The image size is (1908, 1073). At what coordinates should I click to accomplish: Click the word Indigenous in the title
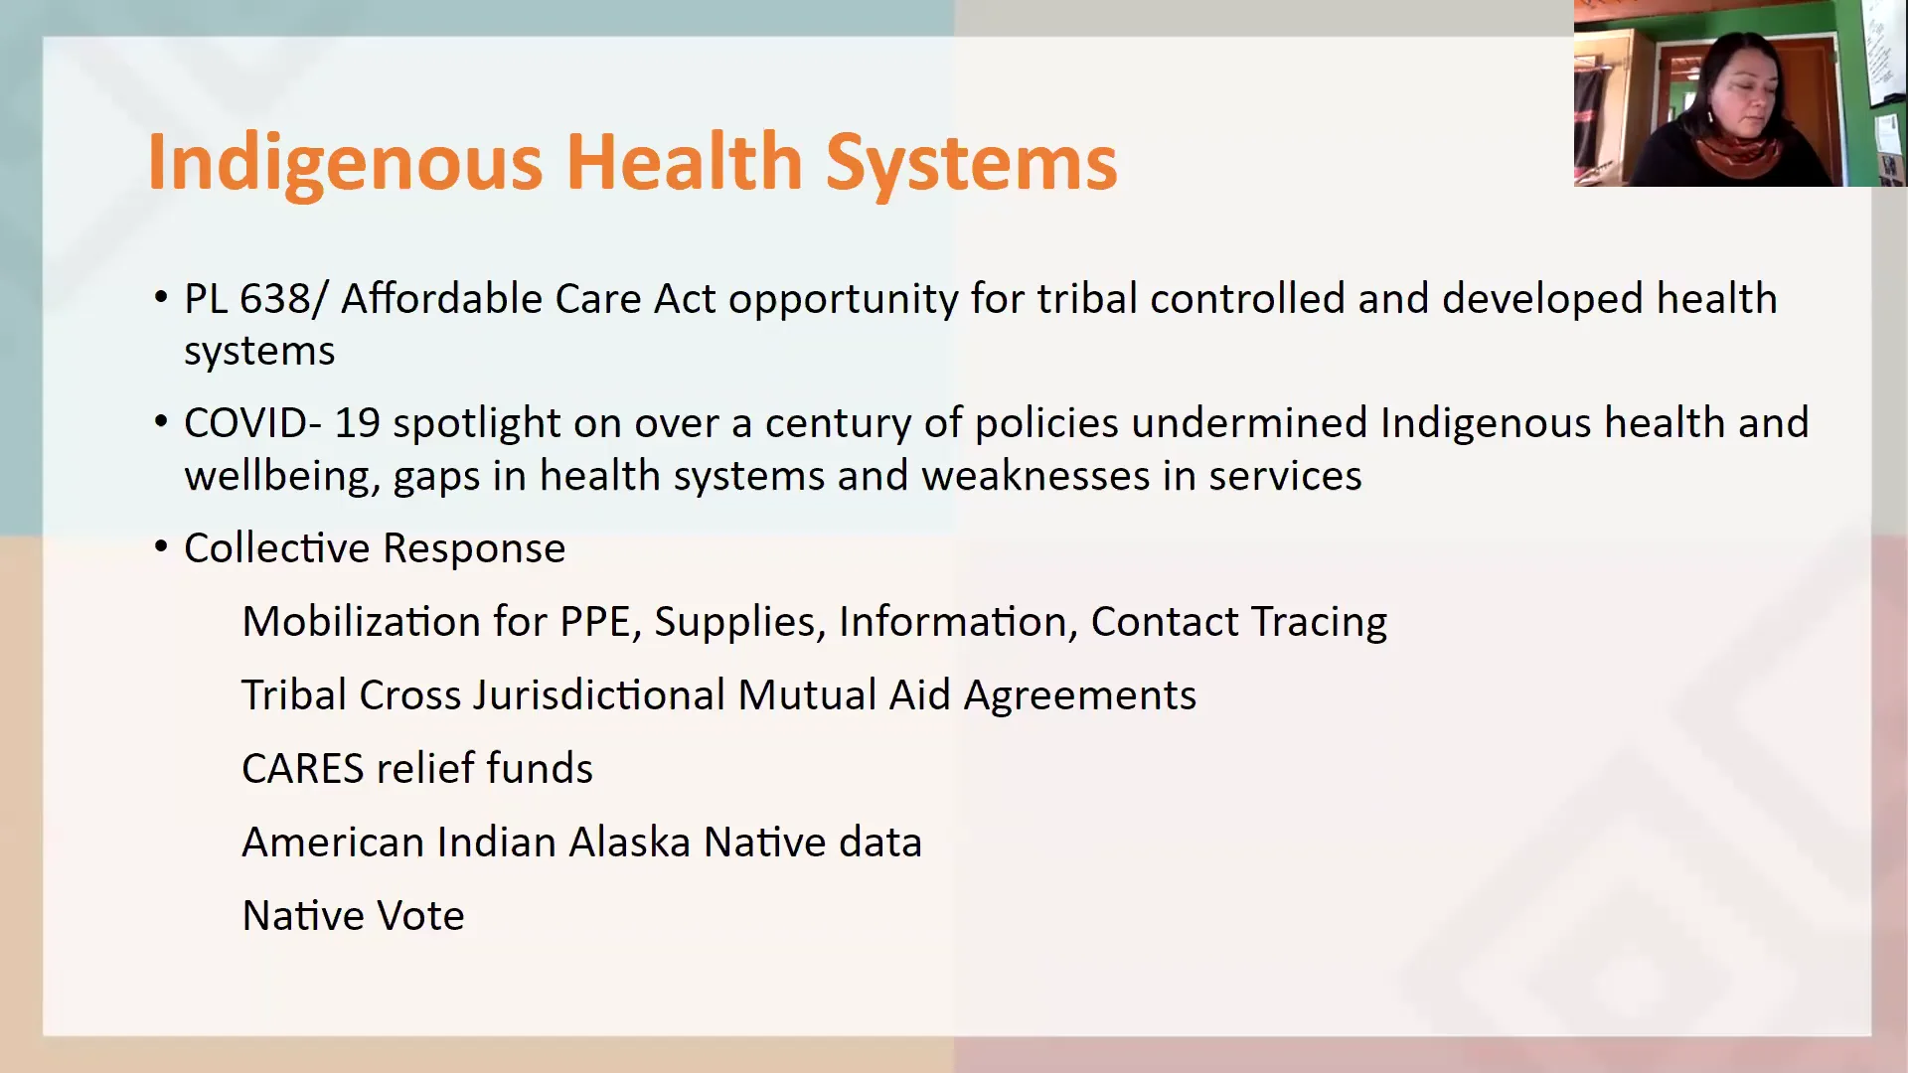pyautogui.click(x=345, y=164)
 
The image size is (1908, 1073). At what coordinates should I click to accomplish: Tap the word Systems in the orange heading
pyautogui.click(x=971, y=164)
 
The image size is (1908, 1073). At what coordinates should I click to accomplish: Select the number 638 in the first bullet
pyautogui.click(x=275, y=299)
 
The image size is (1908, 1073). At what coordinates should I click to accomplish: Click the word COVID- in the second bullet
pyautogui.click(x=252, y=424)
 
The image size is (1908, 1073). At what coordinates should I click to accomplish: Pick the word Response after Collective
pyautogui.click(x=474, y=549)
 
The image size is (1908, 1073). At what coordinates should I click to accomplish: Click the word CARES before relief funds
pyautogui.click(x=303, y=769)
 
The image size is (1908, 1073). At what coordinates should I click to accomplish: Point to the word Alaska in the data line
pyautogui.click(x=630, y=843)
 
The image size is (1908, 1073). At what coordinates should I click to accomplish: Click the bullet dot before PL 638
pyautogui.click(x=162, y=298)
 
